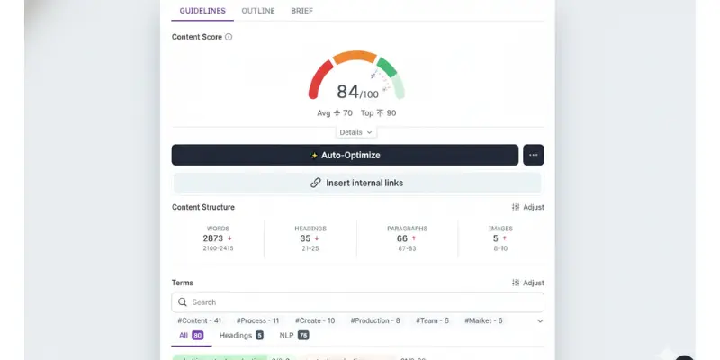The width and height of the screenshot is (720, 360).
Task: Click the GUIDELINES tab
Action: click(202, 11)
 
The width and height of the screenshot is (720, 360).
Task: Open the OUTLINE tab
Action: click(258, 11)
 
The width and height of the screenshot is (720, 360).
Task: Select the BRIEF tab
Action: click(301, 11)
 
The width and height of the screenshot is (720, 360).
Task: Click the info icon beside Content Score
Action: click(229, 37)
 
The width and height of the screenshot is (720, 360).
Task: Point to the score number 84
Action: click(347, 92)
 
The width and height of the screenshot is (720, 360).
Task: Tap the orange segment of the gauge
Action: click(355, 57)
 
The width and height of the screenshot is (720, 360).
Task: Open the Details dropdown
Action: click(355, 132)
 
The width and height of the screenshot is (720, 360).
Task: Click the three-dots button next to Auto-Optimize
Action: click(533, 155)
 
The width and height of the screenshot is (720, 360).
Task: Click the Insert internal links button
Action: click(357, 183)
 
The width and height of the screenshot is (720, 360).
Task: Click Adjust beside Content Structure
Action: click(527, 207)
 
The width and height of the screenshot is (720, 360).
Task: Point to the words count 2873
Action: click(214, 238)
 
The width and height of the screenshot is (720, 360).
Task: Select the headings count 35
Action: click(307, 238)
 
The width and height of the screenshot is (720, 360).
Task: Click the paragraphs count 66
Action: click(402, 238)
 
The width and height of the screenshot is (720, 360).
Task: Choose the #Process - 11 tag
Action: click(257, 320)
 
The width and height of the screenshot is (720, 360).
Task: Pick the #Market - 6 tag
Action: click(483, 320)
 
